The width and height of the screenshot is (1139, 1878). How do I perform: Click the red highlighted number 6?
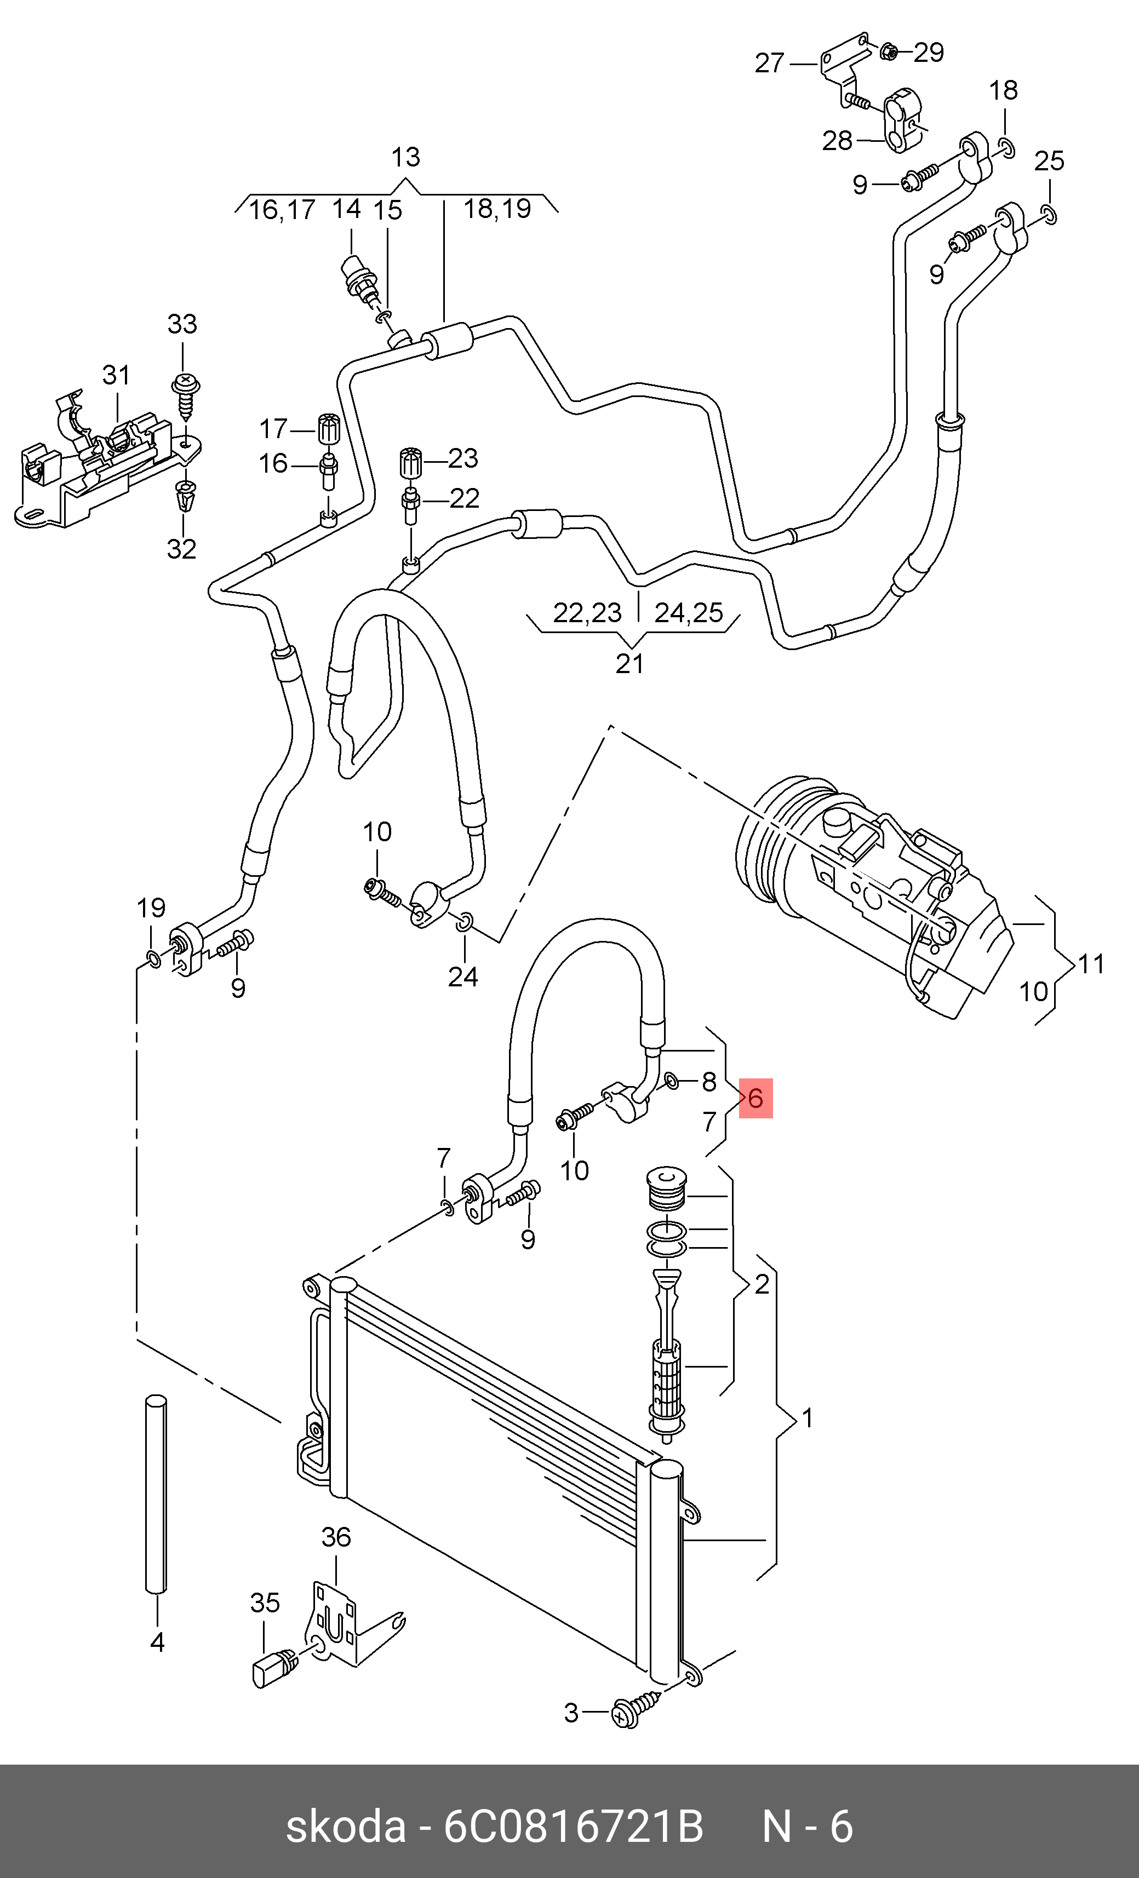click(x=755, y=1098)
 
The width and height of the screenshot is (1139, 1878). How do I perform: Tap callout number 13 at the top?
click(x=405, y=157)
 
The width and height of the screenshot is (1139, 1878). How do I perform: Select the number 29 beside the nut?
click(x=929, y=53)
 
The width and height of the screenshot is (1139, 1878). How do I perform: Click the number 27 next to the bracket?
click(x=769, y=64)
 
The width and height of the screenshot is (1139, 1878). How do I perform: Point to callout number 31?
click(x=116, y=375)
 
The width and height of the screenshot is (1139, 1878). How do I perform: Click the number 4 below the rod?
click(x=157, y=1642)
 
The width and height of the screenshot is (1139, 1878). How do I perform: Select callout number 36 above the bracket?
click(x=335, y=1537)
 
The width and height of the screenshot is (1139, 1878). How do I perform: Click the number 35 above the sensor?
click(x=265, y=1604)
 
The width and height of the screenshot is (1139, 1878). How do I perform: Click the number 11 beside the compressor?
click(x=1091, y=964)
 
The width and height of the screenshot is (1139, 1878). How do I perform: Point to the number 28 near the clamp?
click(x=837, y=141)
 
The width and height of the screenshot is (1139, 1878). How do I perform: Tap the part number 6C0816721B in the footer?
click(x=573, y=1827)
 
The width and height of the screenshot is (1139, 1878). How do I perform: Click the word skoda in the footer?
click(x=345, y=1827)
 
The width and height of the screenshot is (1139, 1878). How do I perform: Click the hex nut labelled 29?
click(x=888, y=52)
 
